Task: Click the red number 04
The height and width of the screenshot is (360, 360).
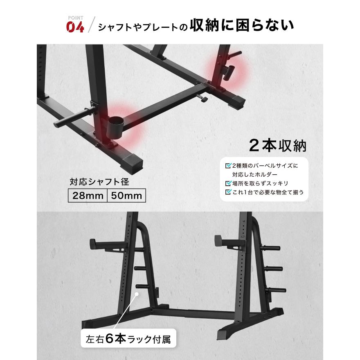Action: tap(75, 27)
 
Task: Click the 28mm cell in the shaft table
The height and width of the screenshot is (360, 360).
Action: tap(88, 196)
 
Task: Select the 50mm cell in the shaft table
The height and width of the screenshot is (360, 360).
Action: tap(126, 196)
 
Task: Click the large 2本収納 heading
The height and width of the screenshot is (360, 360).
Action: tap(278, 145)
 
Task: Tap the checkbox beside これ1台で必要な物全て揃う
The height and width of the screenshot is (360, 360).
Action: tap(228, 192)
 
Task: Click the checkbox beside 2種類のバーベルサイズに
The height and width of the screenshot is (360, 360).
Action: tap(228, 166)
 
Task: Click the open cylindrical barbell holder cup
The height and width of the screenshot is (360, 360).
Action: tap(115, 125)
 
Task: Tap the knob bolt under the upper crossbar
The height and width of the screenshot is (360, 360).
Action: tap(202, 98)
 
